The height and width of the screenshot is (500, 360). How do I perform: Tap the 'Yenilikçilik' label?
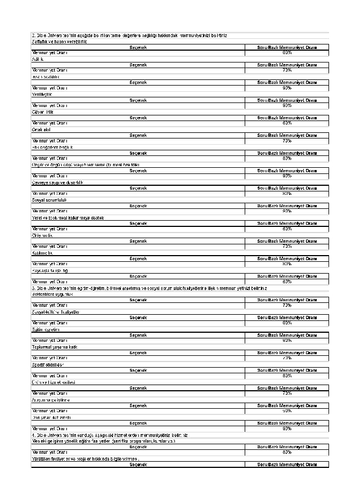click(x=42, y=94)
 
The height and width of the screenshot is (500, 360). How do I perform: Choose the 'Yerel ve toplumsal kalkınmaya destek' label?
click(x=67, y=217)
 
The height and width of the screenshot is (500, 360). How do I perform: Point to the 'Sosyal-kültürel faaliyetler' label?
click(x=56, y=311)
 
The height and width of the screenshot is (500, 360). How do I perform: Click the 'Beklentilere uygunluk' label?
click(x=53, y=294)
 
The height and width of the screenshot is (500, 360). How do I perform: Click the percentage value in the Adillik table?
click(x=287, y=70)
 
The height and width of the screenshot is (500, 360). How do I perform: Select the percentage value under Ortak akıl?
click(x=287, y=141)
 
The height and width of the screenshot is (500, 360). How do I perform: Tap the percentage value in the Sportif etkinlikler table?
click(x=287, y=376)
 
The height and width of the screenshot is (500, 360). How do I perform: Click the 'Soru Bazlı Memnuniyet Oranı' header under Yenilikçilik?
click(x=287, y=100)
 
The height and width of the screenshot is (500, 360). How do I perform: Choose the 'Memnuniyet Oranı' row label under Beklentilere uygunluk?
click(x=49, y=305)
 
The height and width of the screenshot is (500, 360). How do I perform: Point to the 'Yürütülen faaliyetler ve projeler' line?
click(x=84, y=458)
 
